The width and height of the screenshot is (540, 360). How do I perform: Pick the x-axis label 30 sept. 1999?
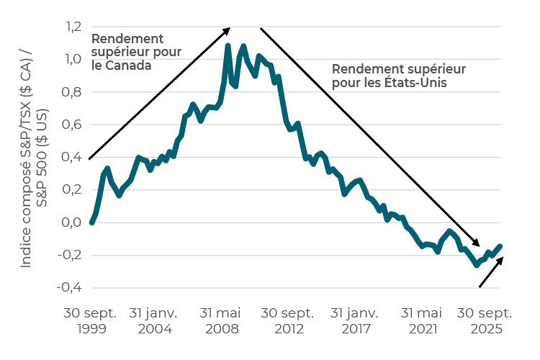(91, 321)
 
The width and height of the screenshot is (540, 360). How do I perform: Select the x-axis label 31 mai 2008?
(220, 321)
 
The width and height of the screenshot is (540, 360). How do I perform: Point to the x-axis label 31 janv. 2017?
(351, 321)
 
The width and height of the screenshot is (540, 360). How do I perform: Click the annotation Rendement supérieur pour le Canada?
(136, 53)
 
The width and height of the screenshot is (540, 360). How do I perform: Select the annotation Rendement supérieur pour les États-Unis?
(399, 76)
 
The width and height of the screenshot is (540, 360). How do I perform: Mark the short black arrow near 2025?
(491, 271)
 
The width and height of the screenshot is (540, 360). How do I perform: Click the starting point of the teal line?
(91, 222)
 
